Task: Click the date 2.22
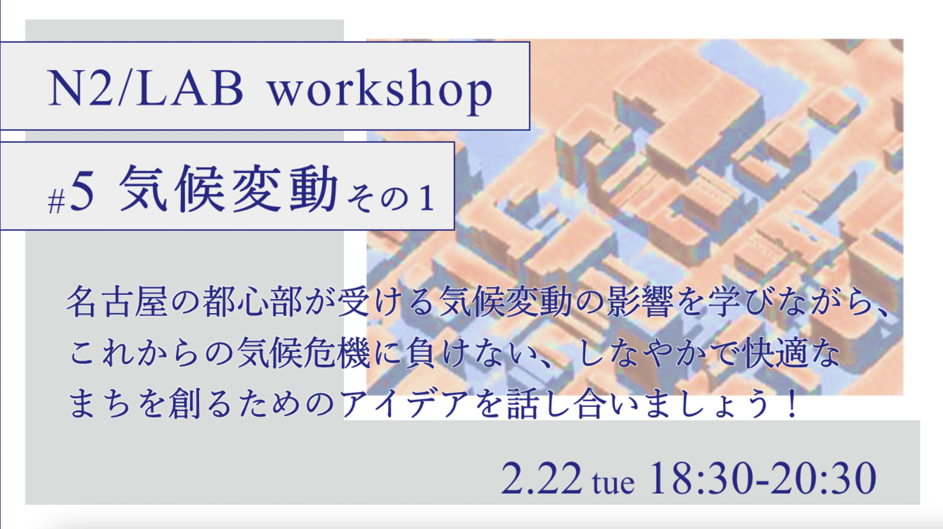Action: click(541, 478)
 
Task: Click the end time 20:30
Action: click(824, 478)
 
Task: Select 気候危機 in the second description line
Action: click(304, 353)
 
